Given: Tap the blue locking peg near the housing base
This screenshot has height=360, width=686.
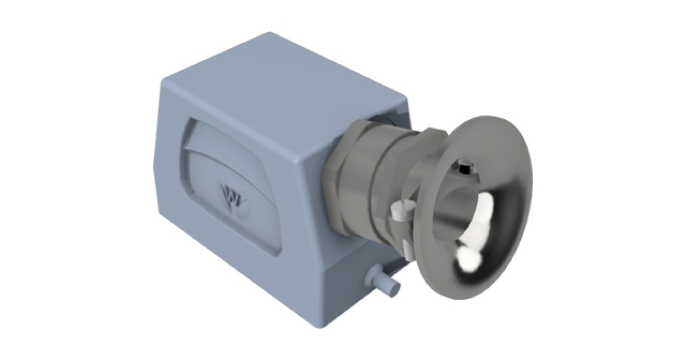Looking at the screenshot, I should [386, 284].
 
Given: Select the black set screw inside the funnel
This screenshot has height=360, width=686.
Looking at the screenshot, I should [465, 169].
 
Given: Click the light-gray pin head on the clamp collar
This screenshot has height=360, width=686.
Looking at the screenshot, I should [398, 211].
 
